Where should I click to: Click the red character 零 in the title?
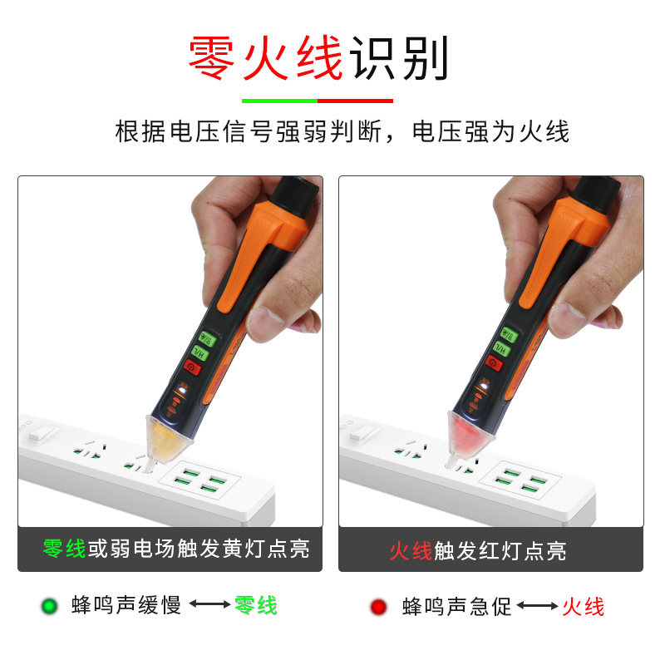[211, 58]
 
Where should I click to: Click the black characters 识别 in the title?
[398, 58]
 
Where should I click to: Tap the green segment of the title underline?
[279, 101]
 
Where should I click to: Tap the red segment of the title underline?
[356, 101]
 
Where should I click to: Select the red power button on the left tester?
[192, 367]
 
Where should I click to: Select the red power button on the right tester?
[494, 363]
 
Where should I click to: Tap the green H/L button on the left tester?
[199, 352]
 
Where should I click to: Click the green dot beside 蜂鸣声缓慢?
[49, 606]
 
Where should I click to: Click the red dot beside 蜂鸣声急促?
[378, 607]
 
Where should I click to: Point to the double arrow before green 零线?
[210, 603]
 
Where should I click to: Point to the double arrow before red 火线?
[537, 605]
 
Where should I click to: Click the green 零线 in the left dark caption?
[64, 549]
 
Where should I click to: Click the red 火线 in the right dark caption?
[411, 551]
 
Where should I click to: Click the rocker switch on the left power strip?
[41, 434]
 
